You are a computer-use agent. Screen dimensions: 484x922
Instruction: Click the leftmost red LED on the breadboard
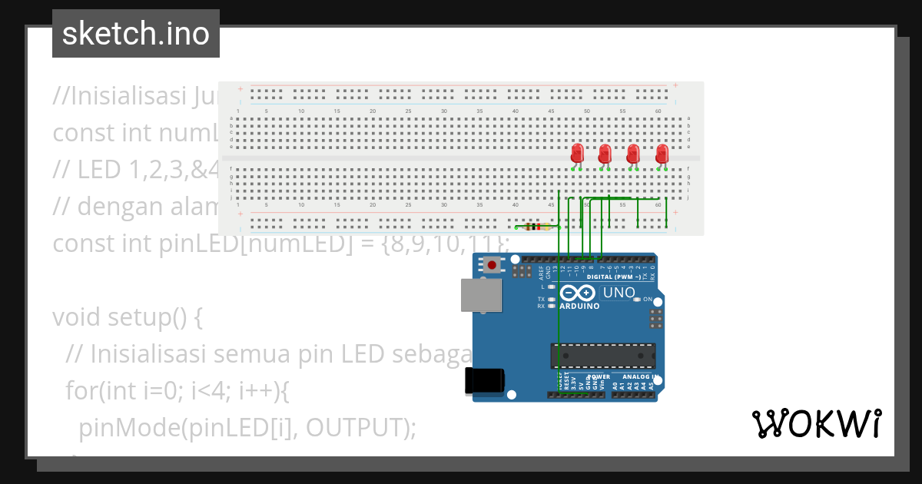coord(578,154)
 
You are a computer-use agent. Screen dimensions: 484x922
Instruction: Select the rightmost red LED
coord(662,154)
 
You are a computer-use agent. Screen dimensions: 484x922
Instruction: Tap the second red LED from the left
coord(605,154)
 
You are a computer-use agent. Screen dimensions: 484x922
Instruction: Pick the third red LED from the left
coord(633,154)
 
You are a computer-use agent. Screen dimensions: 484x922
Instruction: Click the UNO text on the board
coord(619,293)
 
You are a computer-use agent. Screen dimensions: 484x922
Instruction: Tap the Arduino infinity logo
coord(578,293)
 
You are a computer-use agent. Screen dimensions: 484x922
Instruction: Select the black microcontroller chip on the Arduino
coord(602,356)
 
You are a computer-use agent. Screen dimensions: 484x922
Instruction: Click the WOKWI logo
coord(817,423)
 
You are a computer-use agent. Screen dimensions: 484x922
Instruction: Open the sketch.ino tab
coord(136,34)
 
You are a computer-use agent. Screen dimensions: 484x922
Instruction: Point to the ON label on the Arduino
coord(647,299)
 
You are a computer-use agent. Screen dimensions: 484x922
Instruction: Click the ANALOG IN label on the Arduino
coord(640,377)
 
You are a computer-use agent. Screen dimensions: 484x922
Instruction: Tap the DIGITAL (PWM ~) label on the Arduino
coord(613,277)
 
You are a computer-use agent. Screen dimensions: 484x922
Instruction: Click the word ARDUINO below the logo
coord(579,306)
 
